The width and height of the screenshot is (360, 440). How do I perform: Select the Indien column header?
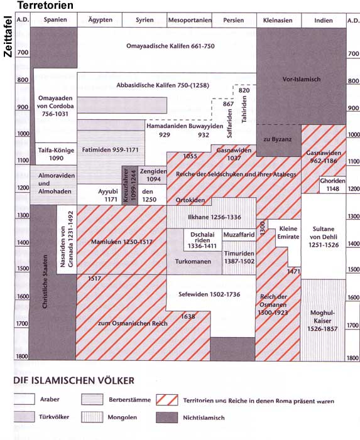click(x=324, y=21)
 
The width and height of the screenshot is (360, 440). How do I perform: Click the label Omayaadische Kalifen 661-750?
click(x=170, y=46)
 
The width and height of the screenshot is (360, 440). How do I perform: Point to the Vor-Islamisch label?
click(x=302, y=79)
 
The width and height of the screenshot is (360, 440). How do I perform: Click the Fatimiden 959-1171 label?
click(x=111, y=150)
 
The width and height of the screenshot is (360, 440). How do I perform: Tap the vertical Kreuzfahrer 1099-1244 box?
click(x=129, y=185)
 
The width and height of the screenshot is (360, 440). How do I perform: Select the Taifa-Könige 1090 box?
click(x=56, y=154)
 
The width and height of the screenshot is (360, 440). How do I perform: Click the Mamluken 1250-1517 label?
click(x=122, y=242)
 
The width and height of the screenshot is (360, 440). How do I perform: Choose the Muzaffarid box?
click(x=239, y=235)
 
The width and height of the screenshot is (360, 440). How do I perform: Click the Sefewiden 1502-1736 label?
click(x=209, y=294)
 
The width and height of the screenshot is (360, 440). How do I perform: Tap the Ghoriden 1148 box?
click(x=332, y=185)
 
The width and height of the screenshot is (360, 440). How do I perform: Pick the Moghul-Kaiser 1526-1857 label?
click(x=322, y=321)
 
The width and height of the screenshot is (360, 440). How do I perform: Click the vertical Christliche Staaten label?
click(x=45, y=281)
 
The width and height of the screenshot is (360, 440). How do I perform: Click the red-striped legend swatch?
click(x=167, y=400)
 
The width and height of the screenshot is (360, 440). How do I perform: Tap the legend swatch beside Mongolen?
click(x=92, y=417)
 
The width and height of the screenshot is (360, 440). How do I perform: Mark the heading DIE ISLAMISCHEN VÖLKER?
click(x=74, y=380)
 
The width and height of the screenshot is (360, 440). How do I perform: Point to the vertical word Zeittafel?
click(x=8, y=36)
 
